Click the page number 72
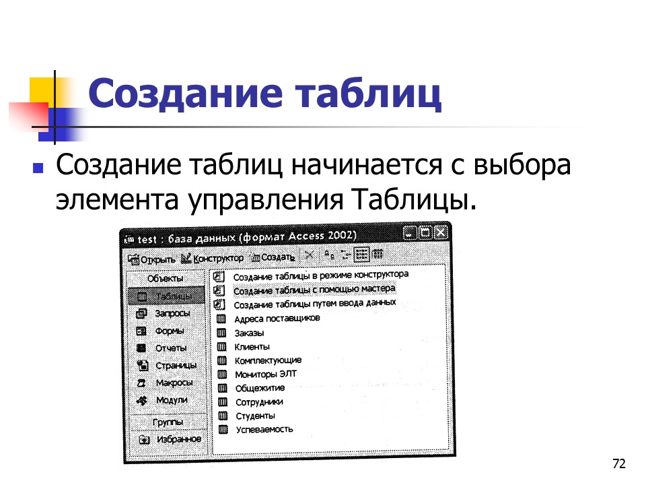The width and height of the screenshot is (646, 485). tap(619, 463)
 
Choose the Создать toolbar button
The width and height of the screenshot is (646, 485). tap(273, 257)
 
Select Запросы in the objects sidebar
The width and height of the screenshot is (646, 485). tap(172, 313)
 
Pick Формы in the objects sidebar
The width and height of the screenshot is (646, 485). tap(170, 331)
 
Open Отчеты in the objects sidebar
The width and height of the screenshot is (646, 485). tap(170, 348)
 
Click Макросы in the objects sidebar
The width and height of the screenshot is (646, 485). tap(173, 383)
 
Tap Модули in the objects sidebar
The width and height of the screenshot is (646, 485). tap(171, 399)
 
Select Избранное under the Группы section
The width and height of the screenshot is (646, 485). tap(178, 439)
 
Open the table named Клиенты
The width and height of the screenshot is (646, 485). tap(252, 347)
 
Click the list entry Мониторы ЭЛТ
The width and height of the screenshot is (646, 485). tap(264, 374)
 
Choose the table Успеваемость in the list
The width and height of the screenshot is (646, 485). tap(264, 429)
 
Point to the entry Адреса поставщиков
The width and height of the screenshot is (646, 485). tap(277, 319)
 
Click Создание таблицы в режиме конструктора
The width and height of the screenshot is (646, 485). tap(320, 276)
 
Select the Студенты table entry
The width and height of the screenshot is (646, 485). tap(255, 416)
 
